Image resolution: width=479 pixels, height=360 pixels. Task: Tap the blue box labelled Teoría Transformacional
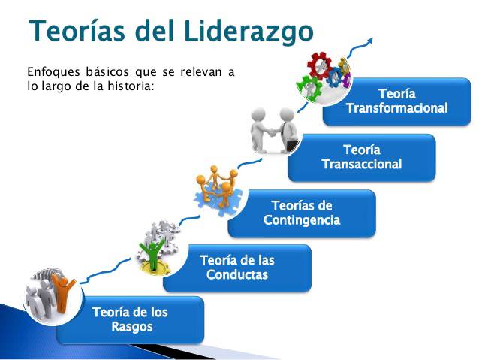tap(396, 101)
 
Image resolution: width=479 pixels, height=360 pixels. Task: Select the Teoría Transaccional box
tap(361, 157)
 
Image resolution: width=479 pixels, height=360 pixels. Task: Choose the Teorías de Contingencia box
tap(301, 213)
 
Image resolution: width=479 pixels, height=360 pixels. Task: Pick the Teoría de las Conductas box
tap(236, 268)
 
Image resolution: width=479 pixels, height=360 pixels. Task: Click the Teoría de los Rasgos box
tap(131, 319)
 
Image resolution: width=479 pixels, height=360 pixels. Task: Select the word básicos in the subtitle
tap(108, 72)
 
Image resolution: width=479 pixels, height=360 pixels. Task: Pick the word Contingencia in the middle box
tap(301, 220)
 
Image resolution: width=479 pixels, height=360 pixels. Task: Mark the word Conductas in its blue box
tap(236, 275)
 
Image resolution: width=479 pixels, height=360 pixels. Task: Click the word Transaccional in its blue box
tap(361, 165)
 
